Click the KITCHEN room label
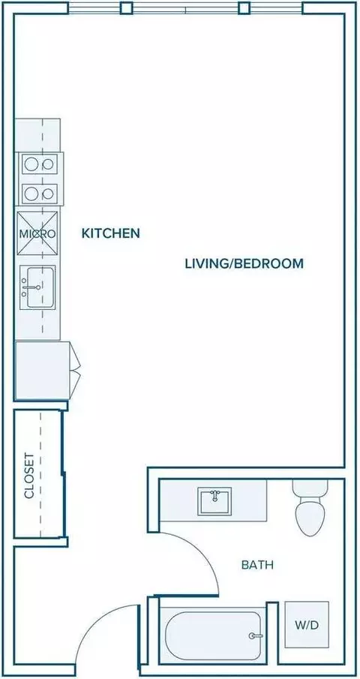(111, 233)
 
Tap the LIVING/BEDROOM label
(244, 263)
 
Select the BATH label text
(257, 565)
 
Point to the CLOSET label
(29, 476)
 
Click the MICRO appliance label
(37, 234)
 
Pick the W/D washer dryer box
(307, 624)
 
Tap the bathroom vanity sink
(215, 501)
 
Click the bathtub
(213, 635)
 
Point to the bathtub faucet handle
(255, 635)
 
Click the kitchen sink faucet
(31, 287)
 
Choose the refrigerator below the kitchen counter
(43, 371)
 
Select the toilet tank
(309, 488)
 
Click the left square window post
(126, 8)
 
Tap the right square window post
(244, 8)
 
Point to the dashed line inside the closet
(40, 475)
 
